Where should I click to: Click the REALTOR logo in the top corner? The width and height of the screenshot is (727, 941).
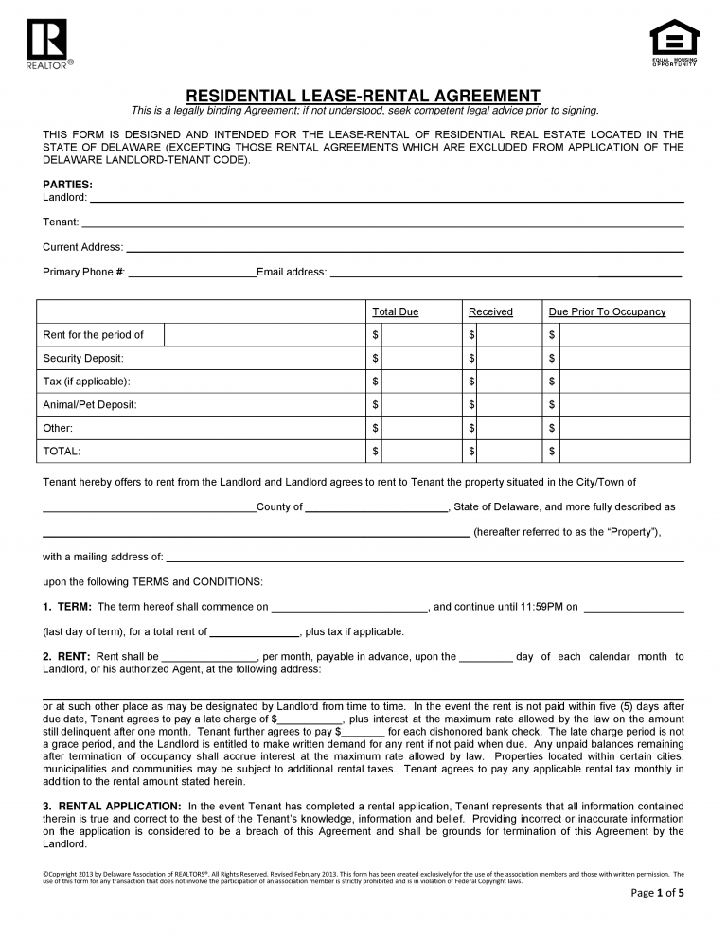[x=44, y=44]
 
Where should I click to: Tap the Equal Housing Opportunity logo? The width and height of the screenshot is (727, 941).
[x=674, y=42]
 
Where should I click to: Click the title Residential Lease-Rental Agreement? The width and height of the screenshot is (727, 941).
[x=363, y=96]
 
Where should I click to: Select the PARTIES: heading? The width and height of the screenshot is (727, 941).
[x=67, y=184]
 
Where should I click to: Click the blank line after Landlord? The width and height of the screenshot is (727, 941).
[x=385, y=198]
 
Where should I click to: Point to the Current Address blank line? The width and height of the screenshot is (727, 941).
[x=404, y=248]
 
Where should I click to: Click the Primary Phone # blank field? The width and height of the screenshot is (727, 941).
[x=191, y=273]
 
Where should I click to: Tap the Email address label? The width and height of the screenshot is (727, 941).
[x=292, y=273]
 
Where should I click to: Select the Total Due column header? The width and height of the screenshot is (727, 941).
[x=395, y=311]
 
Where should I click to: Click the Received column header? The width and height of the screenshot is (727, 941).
[x=490, y=311]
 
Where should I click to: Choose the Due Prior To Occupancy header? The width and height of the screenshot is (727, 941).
[x=607, y=311]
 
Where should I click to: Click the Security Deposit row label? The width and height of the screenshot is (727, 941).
[x=83, y=358]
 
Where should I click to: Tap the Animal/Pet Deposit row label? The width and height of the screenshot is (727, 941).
[x=90, y=404]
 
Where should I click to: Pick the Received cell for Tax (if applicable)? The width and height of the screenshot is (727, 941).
[x=502, y=382]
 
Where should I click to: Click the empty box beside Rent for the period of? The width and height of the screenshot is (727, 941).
[x=264, y=335]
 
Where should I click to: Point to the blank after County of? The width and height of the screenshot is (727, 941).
[x=376, y=507]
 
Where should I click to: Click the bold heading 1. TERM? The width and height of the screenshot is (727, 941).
[x=67, y=607]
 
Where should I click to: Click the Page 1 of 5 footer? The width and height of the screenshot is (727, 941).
[x=657, y=918]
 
